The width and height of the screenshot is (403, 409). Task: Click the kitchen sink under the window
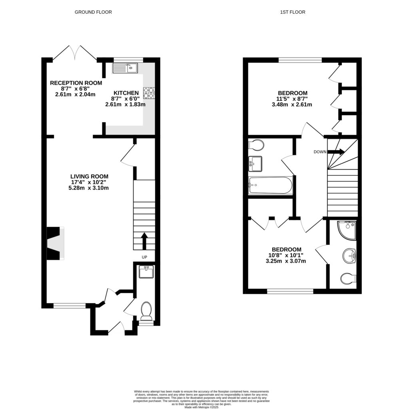(x=125, y=68)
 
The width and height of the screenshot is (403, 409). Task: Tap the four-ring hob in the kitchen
(x=149, y=93)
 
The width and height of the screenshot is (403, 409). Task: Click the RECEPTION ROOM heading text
(x=76, y=83)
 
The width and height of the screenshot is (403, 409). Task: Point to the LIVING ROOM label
(x=89, y=176)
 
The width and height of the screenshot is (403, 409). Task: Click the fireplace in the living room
(x=55, y=243)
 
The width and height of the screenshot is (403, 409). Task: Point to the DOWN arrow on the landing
(x=336, y=152)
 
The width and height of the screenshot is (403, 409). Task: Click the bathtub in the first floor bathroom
(x=271, y=185)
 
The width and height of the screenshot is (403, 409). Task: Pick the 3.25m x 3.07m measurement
(x=286, y=261)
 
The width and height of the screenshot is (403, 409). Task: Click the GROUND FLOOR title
(x=93, y=12)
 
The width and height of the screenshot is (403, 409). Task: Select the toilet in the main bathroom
(x=256, y=144)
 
